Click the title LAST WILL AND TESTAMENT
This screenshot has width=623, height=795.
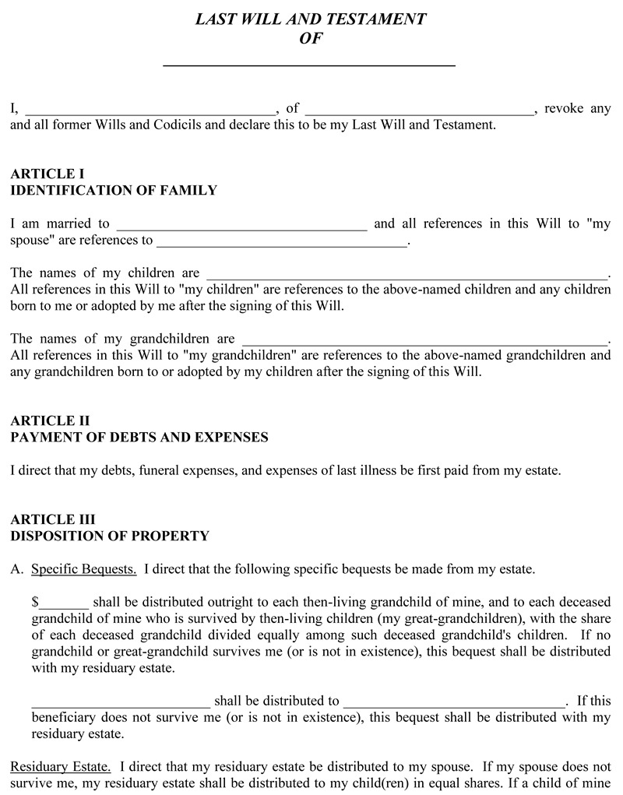tap(311, 19)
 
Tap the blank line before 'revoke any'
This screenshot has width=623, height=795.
tap(420, 110)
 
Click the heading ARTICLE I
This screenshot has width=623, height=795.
tap(47, 174)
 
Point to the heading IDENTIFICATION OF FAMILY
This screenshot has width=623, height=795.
tap(114, 190)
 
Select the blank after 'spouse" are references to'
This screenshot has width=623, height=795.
tap(282, 242)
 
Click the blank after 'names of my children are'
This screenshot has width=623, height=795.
tap(405, 275)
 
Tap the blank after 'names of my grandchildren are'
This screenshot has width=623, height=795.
tap(424, 341)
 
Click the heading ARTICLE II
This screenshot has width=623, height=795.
tap(50, 421)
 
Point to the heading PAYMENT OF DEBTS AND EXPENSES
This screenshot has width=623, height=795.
tap(139, 438)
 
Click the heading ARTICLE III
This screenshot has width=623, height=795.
tap(53, 519)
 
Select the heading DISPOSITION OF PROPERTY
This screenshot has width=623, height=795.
tap(110, 536)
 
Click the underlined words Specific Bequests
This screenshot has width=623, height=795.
tap(84, 569)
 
